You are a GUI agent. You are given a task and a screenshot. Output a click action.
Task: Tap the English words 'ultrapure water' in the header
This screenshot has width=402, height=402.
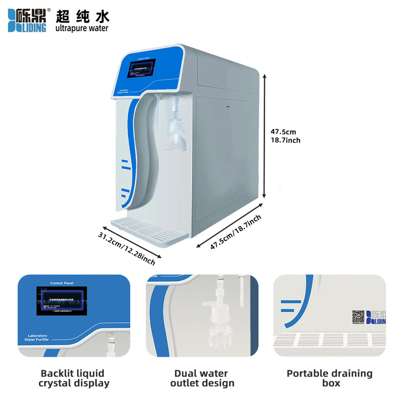[x=82, y=28]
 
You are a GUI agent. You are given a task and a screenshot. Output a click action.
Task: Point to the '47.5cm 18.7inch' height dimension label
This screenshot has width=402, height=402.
[x=285, y=136]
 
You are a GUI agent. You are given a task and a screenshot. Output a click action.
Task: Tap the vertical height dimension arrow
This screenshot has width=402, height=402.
[x=264, y=136]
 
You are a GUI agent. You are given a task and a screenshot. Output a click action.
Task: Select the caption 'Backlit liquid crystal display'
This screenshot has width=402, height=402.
[x=74, y=378]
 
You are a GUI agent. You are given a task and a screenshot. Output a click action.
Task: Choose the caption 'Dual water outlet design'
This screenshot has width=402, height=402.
[x=202, y=378]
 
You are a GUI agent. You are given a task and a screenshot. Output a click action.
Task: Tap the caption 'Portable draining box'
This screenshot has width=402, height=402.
[x=329, y=378]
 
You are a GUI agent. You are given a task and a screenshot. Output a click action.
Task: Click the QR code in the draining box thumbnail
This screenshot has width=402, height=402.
[x=358, y=317]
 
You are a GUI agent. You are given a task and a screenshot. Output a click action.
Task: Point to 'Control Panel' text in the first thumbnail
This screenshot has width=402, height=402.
[x=62, y=283]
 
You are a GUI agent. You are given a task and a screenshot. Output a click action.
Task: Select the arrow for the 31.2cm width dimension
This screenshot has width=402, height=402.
[x=131, y=242]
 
